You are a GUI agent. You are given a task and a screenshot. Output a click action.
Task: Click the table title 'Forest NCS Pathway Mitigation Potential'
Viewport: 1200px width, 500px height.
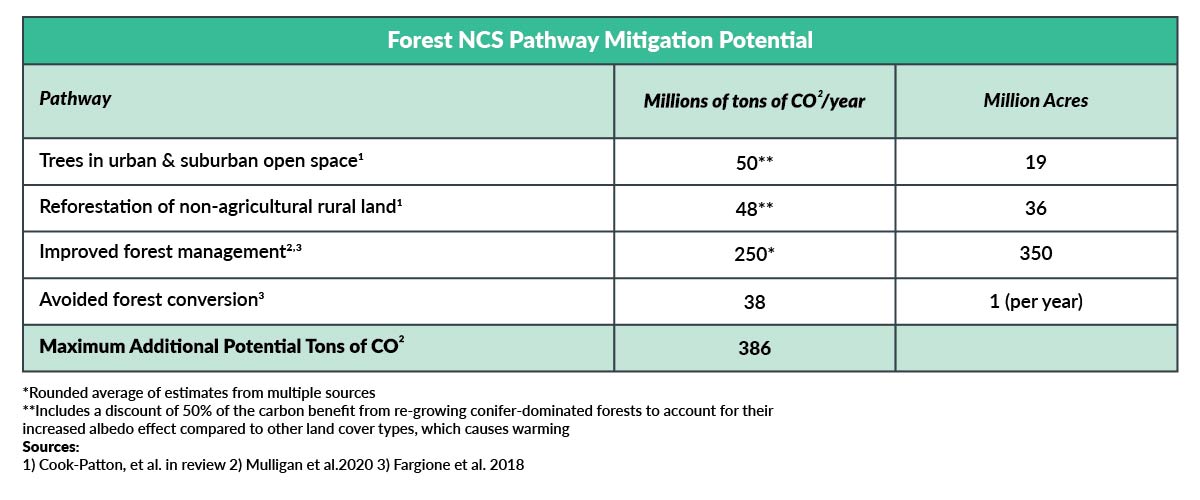click(x=600, y=40)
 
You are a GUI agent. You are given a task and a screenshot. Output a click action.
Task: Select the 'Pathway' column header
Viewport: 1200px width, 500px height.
click(x=75, y=99)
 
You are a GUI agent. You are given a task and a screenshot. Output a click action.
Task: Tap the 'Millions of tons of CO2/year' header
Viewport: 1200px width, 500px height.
click(x=754, y=100)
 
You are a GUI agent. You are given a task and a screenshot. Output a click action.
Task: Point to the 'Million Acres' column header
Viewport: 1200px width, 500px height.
click(x=1036, y=100)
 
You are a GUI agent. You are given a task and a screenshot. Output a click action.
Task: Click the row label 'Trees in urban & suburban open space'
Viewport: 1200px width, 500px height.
click(x=201, y=161)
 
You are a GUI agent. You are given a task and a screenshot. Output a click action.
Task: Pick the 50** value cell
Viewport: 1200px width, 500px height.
click(x=754, y=162)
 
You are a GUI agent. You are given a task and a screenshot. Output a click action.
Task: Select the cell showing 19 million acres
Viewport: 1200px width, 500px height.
click(x=1036, y=162)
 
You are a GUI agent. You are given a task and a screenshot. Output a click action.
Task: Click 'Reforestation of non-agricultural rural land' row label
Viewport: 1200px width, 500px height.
click(x=221, y=207)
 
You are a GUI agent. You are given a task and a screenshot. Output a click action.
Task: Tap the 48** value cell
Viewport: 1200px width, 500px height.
click(x=754, y=208)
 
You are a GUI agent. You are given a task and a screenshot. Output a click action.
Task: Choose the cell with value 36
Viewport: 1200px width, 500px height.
click(x=1036, y=208)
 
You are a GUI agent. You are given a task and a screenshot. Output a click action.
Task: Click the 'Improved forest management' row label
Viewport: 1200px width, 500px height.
click(x=170, y=252)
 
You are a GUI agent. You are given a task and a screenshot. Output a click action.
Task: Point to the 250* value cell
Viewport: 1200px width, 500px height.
click(x=754, y=254)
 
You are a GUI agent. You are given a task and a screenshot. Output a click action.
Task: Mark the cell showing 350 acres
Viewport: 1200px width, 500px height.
click(x=1036, y=253)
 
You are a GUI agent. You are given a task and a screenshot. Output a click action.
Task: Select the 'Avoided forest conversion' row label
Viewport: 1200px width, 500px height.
click(x=152, y=300)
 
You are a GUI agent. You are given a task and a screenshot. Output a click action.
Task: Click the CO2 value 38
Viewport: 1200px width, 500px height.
click(x=754, y=302)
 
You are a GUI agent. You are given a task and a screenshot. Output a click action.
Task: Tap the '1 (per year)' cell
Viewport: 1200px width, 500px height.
click(x=1036, y=301)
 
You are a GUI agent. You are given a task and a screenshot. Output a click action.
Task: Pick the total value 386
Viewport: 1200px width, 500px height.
click(x=754, y=348)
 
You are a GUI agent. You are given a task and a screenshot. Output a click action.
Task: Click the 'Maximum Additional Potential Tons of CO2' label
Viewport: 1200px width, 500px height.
click(x=222, y=346)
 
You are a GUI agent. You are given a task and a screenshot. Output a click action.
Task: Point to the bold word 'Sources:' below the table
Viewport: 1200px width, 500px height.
click(x=51, y=446)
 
